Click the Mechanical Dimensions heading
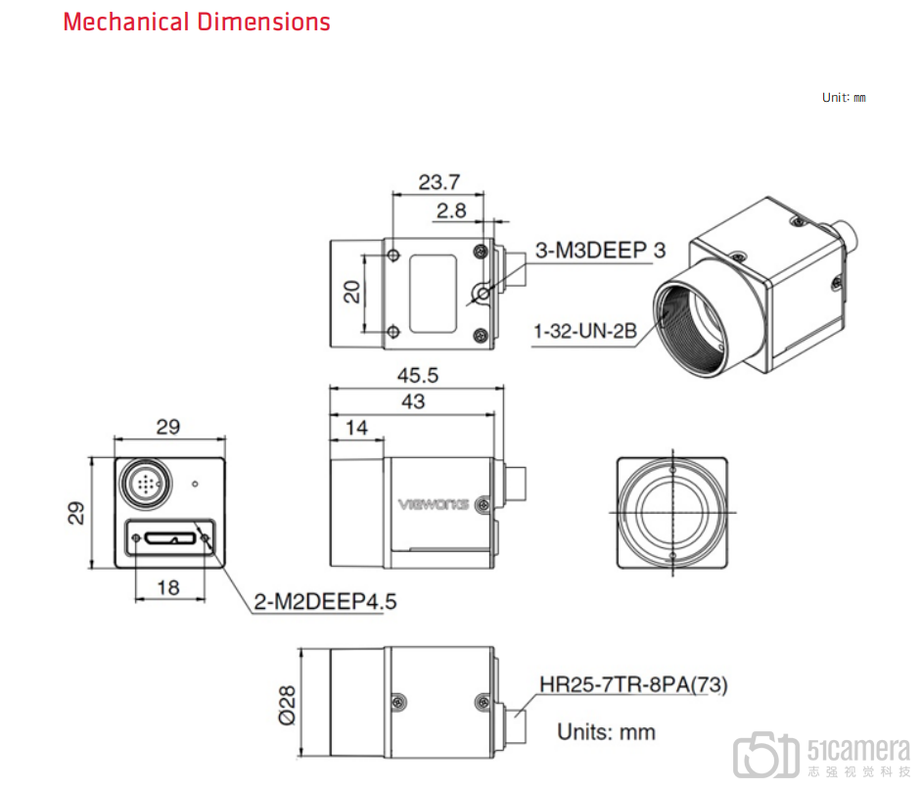click(197, 23)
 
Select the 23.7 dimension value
click(438, 182)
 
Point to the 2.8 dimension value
click(451, 210)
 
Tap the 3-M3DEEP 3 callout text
click(600, 251)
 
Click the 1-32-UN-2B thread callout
click(585, 331)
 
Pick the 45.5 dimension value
click(418, 375)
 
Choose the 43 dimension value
click(413, 401)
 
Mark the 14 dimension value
click(356, 428)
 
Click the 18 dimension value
click(168, 587)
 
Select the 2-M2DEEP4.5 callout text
click(325, 601)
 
